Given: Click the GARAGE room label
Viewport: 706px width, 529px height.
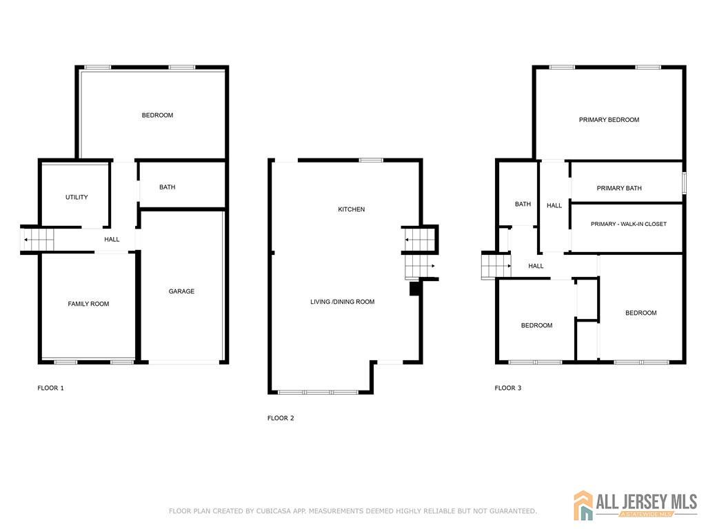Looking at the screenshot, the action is [181, 291].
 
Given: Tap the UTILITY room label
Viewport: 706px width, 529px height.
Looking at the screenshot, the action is [77, 197].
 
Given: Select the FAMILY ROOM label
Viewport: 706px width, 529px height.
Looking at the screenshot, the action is [88, 304].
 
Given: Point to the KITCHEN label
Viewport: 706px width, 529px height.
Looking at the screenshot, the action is [351, 209].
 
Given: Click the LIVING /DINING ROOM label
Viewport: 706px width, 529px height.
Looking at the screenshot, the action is [342, 302].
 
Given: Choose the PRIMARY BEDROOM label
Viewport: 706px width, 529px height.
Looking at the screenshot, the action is [609, 120].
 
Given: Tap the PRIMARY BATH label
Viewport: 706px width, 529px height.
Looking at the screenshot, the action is [619, 188].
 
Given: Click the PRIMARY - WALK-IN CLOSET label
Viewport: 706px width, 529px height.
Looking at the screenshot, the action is [629, 224].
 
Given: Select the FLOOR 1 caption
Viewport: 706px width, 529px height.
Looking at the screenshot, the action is [50, 388].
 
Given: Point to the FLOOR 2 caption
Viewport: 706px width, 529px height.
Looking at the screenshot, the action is [281, 418].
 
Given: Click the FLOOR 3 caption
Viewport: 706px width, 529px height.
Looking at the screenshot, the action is [508, 388].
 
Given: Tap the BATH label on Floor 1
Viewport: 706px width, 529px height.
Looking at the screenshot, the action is [167, 187].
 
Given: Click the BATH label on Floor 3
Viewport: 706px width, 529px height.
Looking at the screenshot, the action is [523, 204].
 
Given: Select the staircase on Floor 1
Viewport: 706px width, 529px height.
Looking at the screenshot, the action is [38, 240].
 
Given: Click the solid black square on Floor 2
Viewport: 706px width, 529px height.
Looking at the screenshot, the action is [414, 289].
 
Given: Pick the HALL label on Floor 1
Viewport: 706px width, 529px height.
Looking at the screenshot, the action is [112, 239].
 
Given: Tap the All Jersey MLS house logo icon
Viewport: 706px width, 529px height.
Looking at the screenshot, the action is [583, 505].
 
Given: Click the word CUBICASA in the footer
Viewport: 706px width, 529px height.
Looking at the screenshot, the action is [274, 511].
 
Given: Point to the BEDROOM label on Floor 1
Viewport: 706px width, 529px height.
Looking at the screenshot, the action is [157, 115].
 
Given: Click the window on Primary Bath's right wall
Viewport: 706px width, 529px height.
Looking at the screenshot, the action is [684, 183].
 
